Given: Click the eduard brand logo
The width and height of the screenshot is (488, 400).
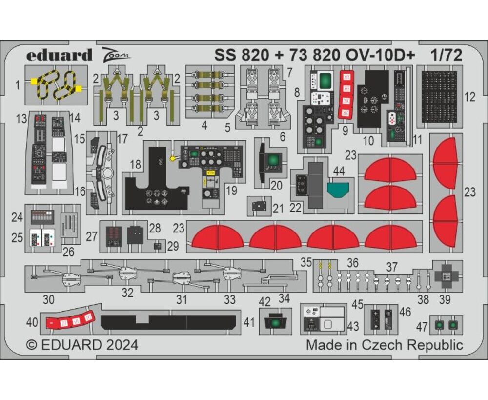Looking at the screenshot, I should (x=59, y=55).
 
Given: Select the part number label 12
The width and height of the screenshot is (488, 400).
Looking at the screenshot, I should (x=469, y=97).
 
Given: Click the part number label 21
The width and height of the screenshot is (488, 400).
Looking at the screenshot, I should (x=278, y=209).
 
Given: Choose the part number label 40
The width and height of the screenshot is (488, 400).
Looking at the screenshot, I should (x=32, y=323).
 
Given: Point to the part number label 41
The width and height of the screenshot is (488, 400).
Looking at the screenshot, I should (x=249, y=322).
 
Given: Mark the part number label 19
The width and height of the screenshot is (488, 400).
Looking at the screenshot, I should (x=231, y=190).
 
